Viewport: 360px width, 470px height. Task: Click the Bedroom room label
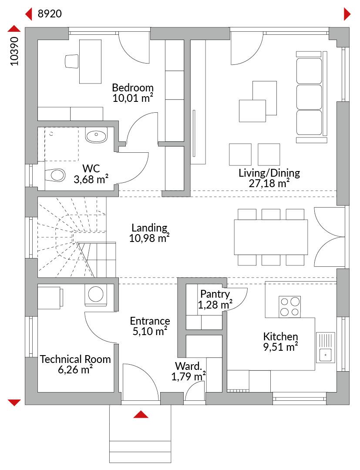132,88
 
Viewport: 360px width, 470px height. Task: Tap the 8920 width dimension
50,14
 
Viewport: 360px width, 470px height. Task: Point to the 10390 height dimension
14,51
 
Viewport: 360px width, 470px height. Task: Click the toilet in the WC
55,175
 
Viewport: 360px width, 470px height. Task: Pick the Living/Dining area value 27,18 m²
269,184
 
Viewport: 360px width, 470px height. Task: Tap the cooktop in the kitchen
289,307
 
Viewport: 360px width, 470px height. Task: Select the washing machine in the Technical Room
96,295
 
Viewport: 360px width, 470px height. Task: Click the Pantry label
215,294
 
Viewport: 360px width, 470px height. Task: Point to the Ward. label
188,366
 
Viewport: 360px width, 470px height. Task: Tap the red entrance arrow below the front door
141,415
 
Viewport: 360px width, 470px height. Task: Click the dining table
271,237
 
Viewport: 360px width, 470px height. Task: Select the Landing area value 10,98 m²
149,238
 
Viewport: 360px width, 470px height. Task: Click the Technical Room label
75,359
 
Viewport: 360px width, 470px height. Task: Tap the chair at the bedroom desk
72,61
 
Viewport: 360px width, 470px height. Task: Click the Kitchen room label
281,336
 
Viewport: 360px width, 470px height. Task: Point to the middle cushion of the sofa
309,97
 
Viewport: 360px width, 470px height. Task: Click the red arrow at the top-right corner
347,14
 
